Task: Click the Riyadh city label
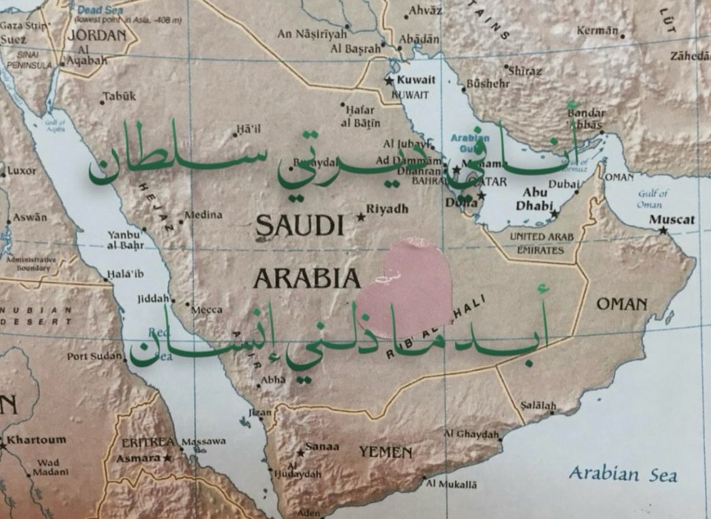pos(387,209)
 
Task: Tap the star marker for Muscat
pos(663,230)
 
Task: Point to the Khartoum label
pos(36,440)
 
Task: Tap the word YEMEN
pos(385,453)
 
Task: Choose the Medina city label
pos(203,215)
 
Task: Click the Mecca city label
pos(207,309)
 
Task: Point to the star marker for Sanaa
pos(300,453)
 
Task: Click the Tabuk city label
pos(120,96)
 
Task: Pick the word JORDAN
pos(97,35)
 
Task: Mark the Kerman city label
pos(597,30)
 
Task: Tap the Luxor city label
pos(21,171)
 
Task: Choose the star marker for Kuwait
pos(389,81)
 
